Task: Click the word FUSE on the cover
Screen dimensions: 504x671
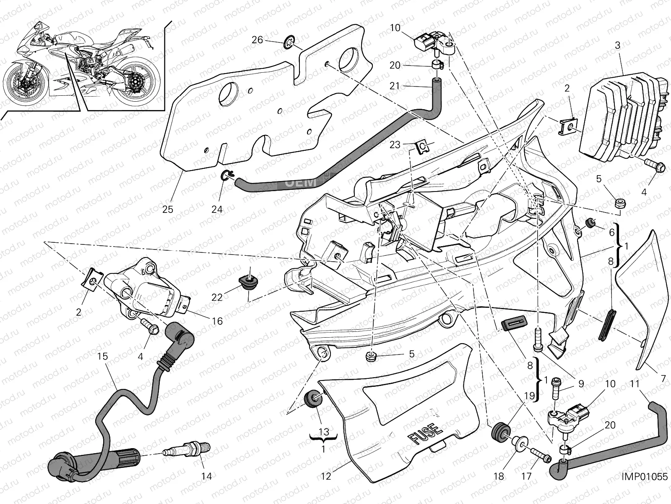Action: coord(425,433)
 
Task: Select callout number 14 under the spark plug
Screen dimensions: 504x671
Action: coord(206,476)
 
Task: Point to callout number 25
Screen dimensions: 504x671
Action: coord(167,209)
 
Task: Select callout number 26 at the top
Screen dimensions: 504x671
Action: coord(257,40)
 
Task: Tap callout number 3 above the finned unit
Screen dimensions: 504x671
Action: coord(617,45)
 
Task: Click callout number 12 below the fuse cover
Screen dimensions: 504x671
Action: coord(325,476)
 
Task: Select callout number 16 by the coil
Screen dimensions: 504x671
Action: coord(217,321)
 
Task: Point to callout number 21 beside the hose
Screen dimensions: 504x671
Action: coord(395,86)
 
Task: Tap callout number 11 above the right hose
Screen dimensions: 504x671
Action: coord(635,383)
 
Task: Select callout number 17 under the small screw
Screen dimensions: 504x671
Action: coord(526,476)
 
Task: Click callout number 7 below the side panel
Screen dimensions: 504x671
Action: coord(663,379)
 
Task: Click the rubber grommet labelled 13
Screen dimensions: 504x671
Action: coord(313,399)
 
